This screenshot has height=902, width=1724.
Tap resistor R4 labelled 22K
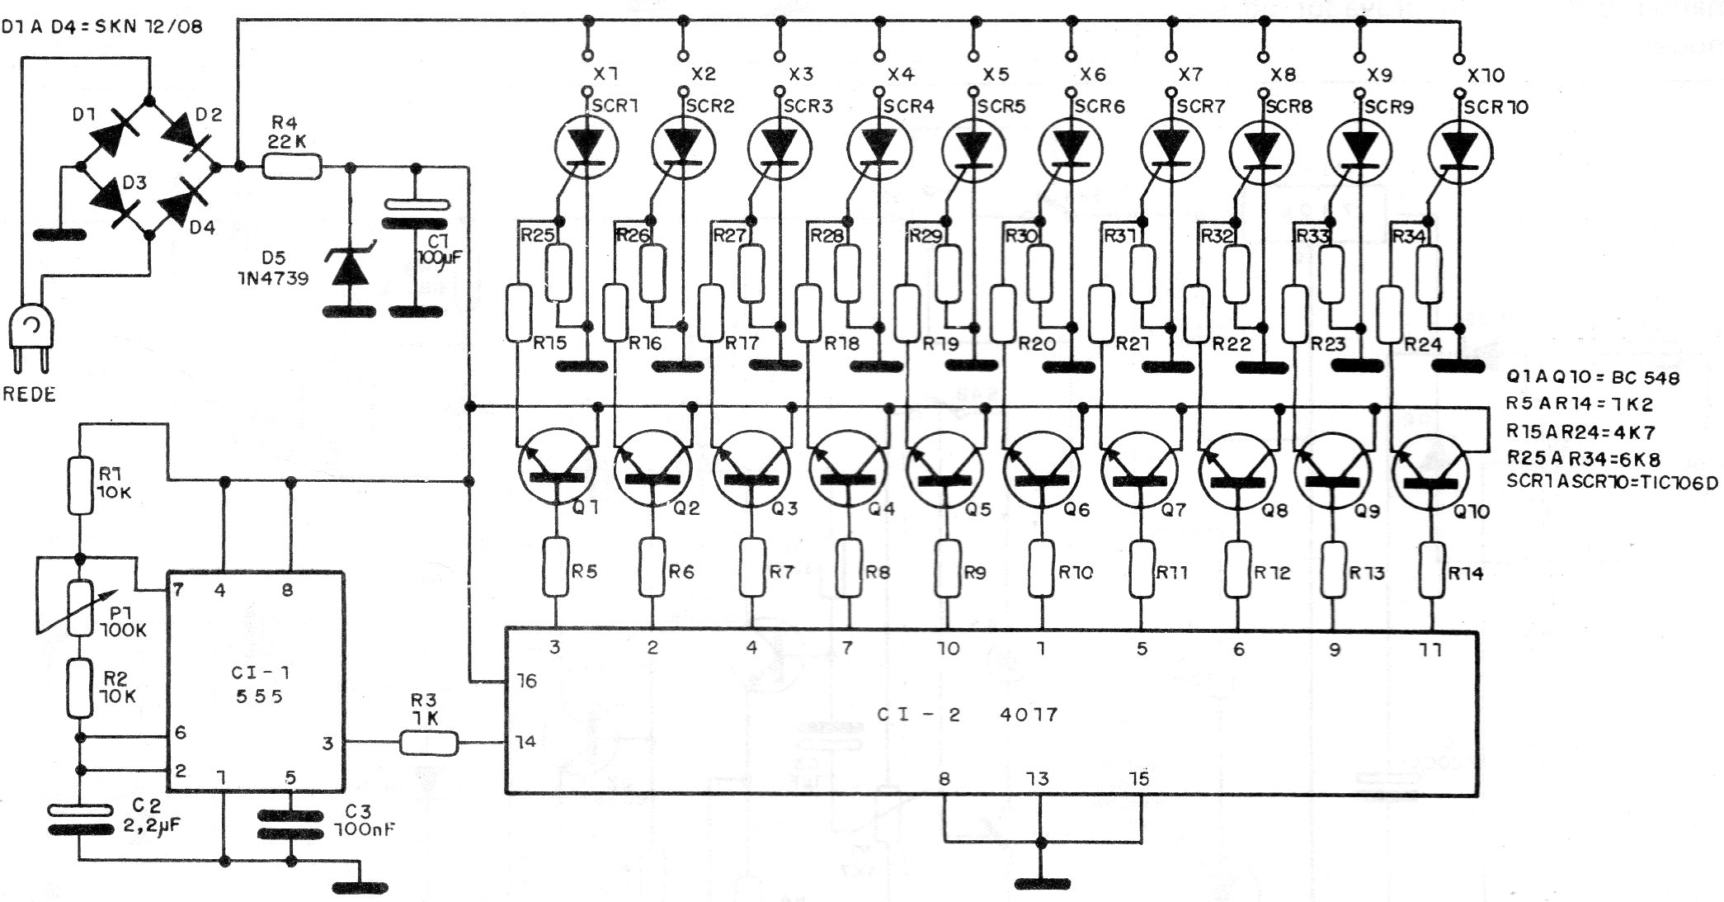coord(291,168)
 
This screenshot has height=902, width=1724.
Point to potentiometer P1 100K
coord(80,607)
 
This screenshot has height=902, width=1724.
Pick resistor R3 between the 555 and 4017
coord(428,743)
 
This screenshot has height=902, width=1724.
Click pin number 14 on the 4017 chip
coord(526,741)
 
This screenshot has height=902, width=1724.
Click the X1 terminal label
coord(606,74)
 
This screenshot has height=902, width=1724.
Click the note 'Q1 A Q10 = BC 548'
coord(1593,377)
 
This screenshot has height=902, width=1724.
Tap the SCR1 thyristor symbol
coord(586,149)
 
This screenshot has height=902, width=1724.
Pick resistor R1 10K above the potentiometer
coord(80,486)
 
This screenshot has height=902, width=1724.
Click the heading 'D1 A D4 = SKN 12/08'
coord(102,26)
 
